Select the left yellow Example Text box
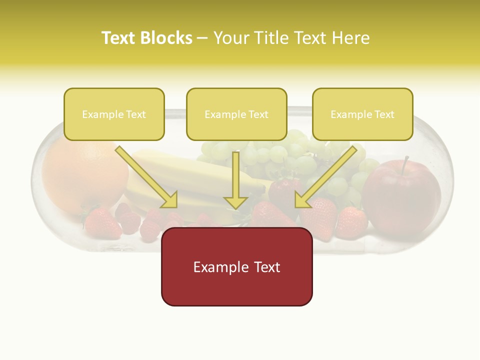[x=114, y=114]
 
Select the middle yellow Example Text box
[x=236, y=114]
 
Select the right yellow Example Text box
[x=362, y=114]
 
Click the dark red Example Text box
[x=236, y=266]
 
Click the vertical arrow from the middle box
[x=235, y=180]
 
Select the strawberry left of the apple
[x=351, y=222]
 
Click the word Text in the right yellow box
[x=384, y=114]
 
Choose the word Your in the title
[x=230, y=38]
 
